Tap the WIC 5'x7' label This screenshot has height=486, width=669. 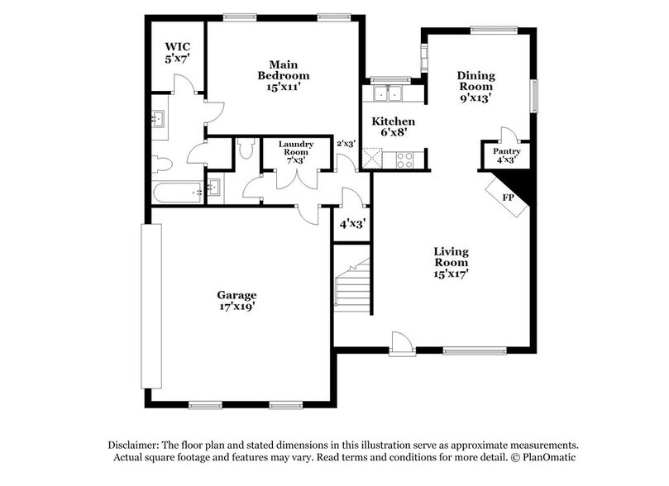177,53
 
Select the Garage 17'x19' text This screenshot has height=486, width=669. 237,300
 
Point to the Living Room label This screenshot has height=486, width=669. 452,261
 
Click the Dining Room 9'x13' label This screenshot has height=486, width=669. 475,86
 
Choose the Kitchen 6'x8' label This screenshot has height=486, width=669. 393,126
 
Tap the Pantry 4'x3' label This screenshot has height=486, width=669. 505,156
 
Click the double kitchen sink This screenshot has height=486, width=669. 385,93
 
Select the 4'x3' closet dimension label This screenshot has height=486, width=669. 351,223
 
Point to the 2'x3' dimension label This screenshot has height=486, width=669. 345,143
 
